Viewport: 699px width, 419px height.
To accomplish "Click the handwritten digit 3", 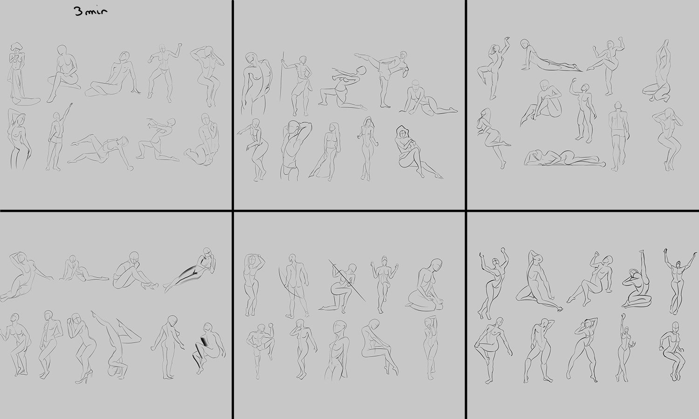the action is pos(79,12).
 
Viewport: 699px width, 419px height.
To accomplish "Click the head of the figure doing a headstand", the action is pos(113,370).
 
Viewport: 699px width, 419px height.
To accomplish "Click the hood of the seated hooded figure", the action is pos(402,132).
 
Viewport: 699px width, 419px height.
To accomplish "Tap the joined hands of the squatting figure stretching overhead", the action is pos(665,43).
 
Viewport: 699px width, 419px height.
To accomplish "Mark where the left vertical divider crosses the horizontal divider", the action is pos(233,211).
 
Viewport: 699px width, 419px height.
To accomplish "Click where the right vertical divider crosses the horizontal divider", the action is pos(466,211).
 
